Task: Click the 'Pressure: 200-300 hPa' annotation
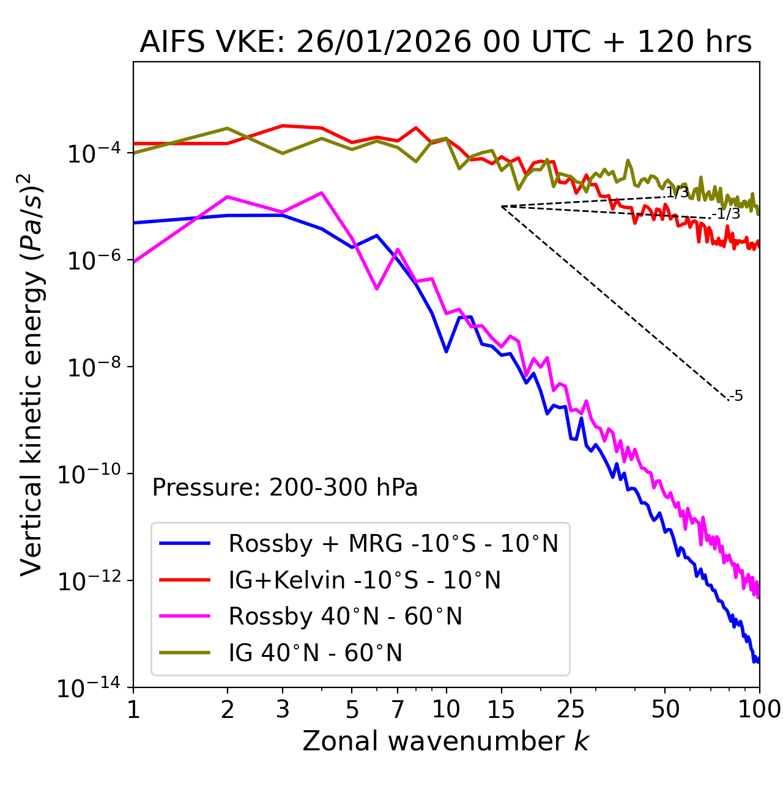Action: click(284, 488)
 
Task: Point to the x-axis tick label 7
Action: click(398, 709)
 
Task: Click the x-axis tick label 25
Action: click(570, 709)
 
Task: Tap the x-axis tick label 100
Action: click(759, 709)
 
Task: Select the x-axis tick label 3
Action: click(283, 709)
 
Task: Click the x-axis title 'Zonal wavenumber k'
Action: click(445, 741)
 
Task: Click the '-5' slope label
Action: click(737, 396)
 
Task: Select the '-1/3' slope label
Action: click(727, 214)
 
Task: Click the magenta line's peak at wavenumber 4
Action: click(322, 193)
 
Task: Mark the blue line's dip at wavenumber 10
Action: click(447, 351)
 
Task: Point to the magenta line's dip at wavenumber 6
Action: click(377, 288)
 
